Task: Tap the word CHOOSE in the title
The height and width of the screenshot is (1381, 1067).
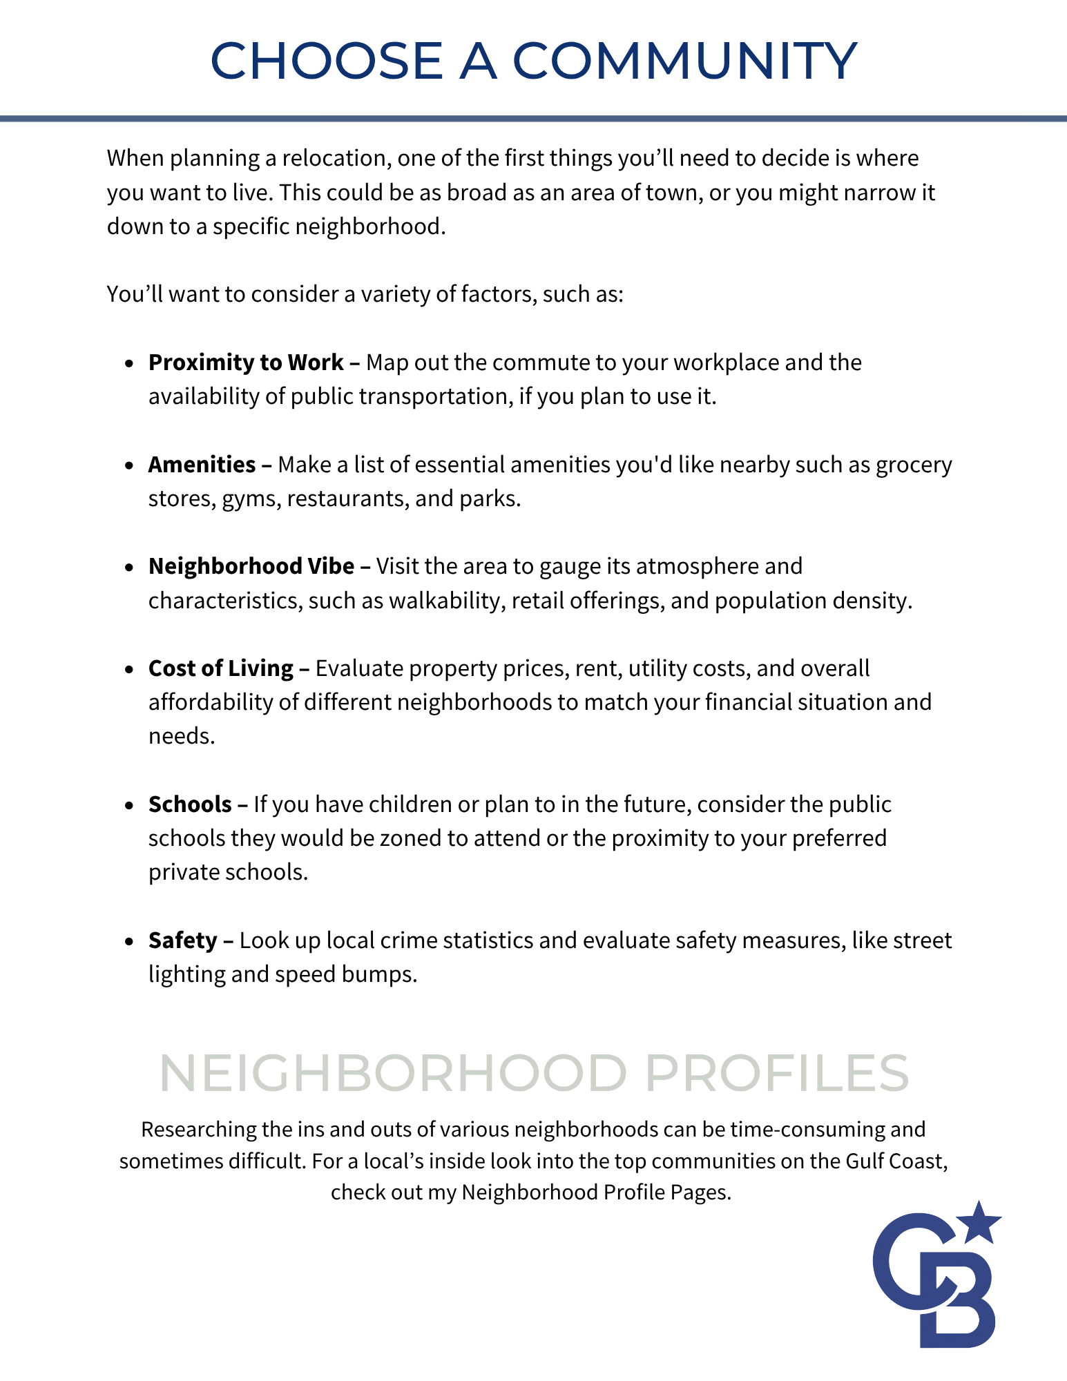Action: coord(326,61)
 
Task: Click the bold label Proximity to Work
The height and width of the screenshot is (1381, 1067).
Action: coord(246,363)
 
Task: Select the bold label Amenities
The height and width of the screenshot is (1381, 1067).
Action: coord(202,465)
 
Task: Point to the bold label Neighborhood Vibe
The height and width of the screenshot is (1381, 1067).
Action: coord(251,566)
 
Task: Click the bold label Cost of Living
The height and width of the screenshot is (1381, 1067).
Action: coord(221,668)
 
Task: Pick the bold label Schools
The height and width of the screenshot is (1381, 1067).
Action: coord(190,804)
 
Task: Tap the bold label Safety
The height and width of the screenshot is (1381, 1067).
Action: coord(183,940)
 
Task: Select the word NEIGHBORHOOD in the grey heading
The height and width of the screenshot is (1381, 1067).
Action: coord(393,1074)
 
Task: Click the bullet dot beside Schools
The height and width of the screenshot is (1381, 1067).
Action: coord(129,806)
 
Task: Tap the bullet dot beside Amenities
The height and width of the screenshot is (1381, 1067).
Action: coord(129,466)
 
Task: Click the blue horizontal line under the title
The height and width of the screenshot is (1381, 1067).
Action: coord(533,119)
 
